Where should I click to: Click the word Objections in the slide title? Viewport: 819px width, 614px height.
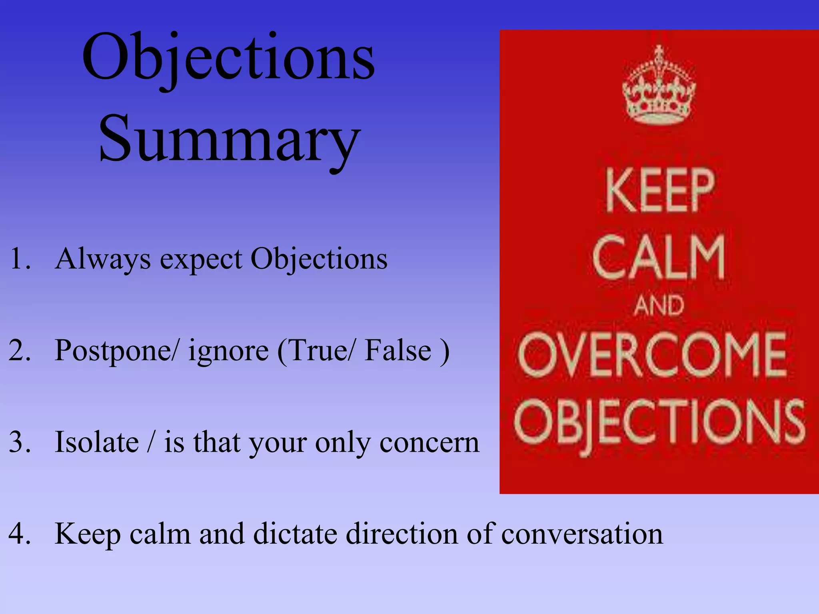(228, 58)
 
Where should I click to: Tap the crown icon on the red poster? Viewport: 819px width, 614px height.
(659, 86)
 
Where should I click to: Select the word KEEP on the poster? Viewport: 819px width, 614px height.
(660, 190)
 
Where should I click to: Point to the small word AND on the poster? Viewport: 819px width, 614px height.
(659, 306)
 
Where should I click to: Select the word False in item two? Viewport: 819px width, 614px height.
(398, 351)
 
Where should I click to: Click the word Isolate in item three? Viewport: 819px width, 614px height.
(97, 443)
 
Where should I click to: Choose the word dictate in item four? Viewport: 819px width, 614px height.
(296, 534)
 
